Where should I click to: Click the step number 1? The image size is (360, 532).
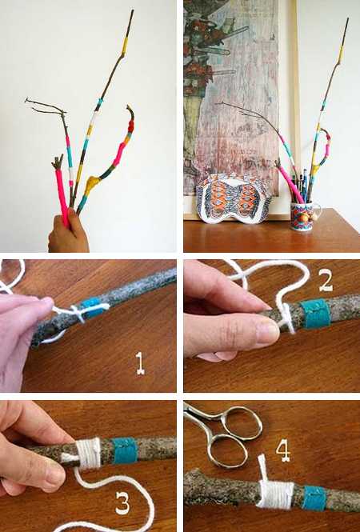140,363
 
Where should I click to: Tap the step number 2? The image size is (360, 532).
326,281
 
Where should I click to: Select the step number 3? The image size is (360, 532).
122,502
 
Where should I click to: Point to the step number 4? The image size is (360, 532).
282,451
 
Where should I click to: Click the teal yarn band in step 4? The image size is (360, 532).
314,498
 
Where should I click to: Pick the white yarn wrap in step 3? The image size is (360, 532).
89,454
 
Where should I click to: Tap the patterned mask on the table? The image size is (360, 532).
234,198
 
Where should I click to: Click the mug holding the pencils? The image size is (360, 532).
303,216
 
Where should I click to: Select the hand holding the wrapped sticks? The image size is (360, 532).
68,232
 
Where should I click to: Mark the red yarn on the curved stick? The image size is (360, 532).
130,127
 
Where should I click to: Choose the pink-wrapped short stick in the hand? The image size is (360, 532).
62,194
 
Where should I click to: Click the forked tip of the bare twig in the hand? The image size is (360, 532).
26,100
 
